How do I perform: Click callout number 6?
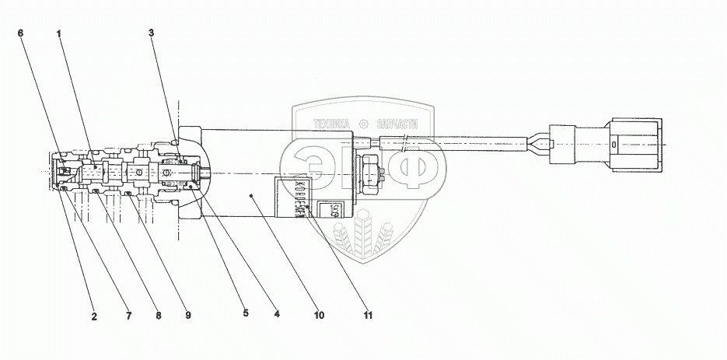coord(21,33)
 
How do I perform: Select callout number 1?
coord(59,33)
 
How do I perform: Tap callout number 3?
coord(152,33)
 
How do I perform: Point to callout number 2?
coord(94,316)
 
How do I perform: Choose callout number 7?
coord(130,316)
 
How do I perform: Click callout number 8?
coord(159,316)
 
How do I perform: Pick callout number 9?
coord(188,316)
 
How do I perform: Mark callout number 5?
coord(245,314)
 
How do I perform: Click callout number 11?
coord(368,316)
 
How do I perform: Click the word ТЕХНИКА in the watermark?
coord(333,123)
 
